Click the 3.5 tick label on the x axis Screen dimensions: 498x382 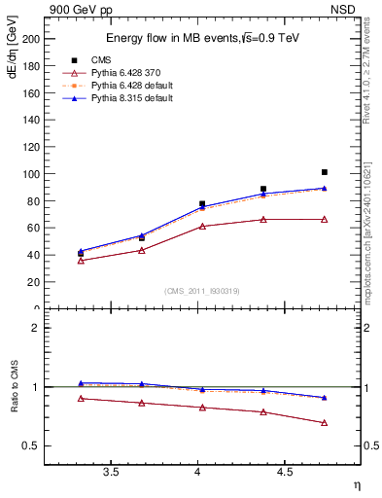(111, 472)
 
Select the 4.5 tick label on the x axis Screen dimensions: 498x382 (284, 472)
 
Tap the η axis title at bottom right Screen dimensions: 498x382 (355, 484)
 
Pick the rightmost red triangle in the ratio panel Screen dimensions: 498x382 (325, 422)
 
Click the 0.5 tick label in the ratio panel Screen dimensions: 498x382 (31, 446)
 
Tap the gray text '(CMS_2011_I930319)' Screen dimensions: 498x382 (198, 291)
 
